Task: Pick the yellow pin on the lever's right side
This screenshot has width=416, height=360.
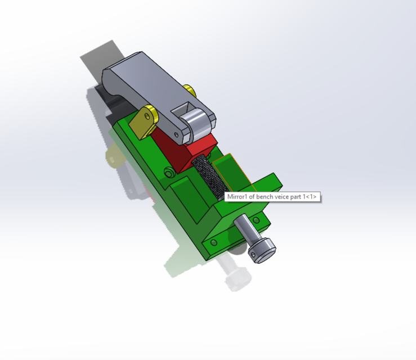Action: click(x=189, y=90)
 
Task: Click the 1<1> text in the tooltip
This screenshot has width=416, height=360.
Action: click(x=310, y=197)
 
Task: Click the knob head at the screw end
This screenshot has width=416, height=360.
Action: click(x=262, y=250)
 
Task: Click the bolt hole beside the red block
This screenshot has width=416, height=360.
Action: click(x=168, y=172)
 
